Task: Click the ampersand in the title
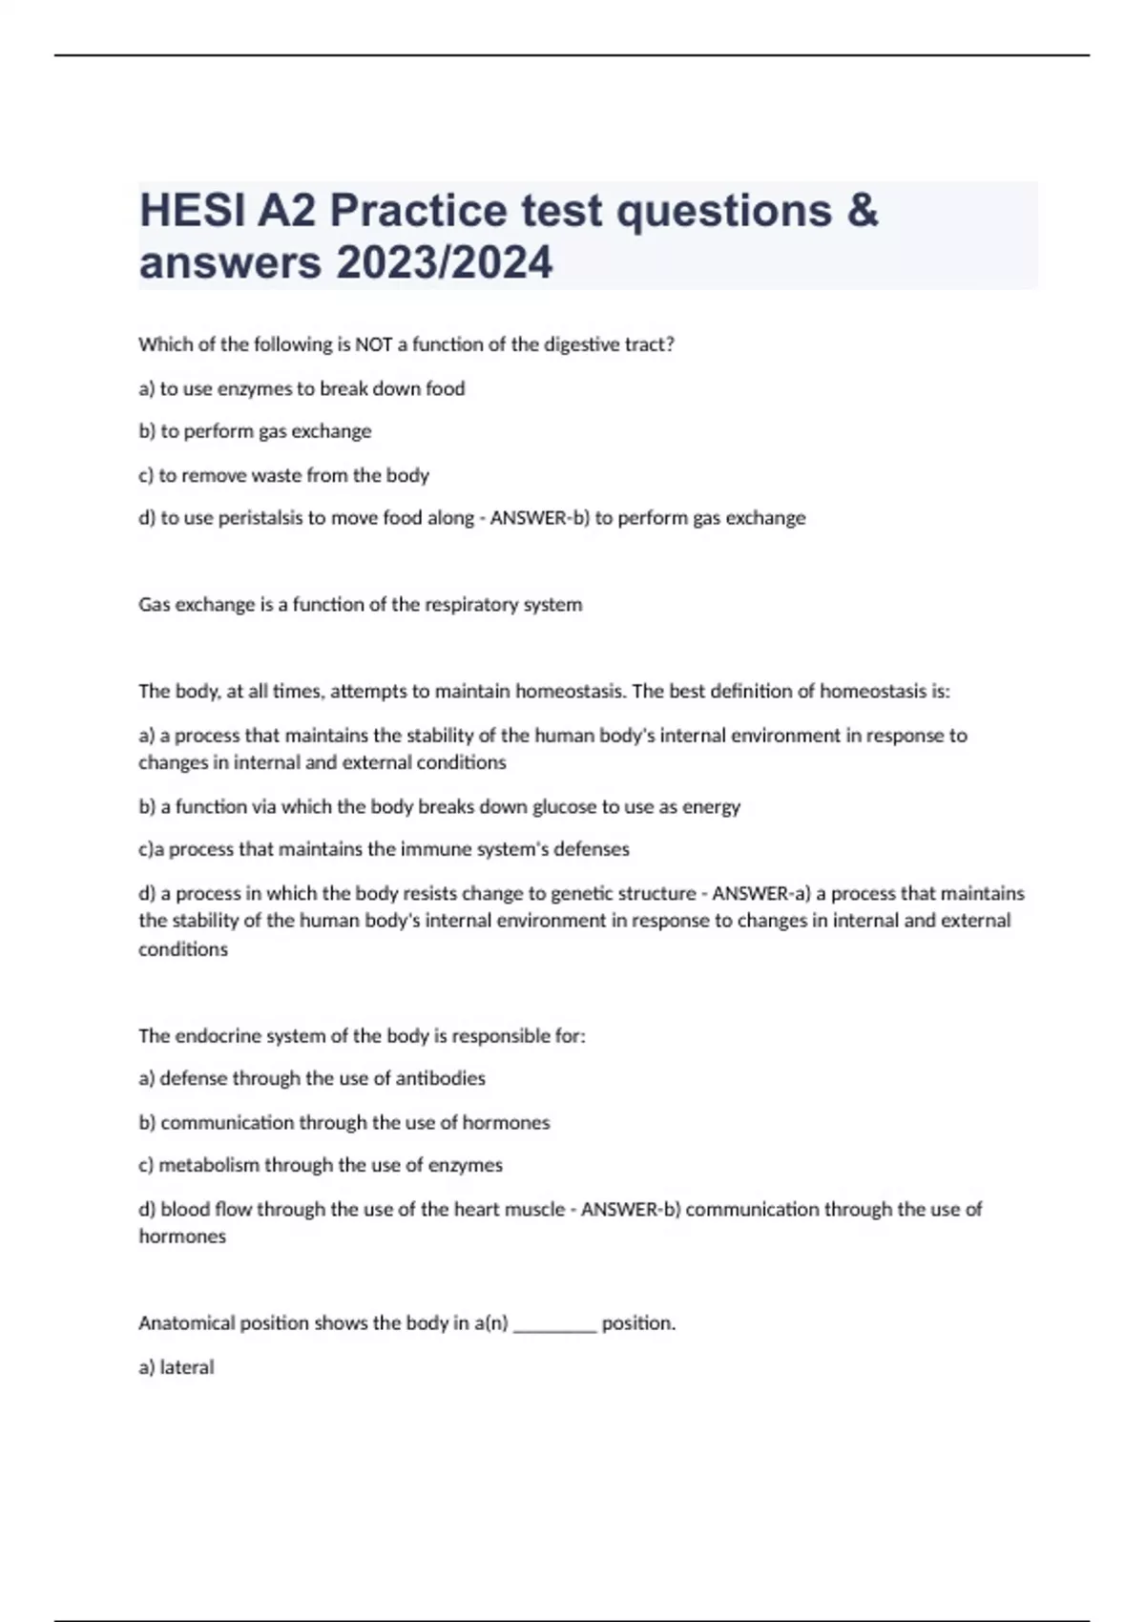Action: coord(862,211)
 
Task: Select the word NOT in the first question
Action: coord(375,345)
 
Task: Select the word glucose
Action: coord(564,807)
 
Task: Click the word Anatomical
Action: coord(186,1323)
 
